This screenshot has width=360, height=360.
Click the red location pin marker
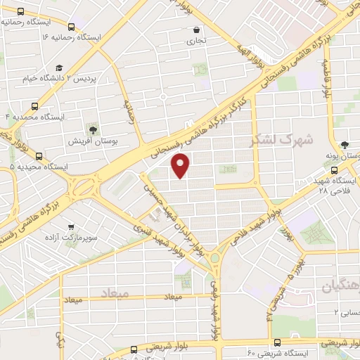pyautogui.click(x=181, y=165)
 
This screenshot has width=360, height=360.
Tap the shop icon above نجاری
pyautogui.click(x=196, y=30)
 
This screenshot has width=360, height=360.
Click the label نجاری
pyautogui.click(x=197, y=42)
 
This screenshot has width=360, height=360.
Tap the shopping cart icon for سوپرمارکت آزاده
pyautogui.click(x=70, y=228)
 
